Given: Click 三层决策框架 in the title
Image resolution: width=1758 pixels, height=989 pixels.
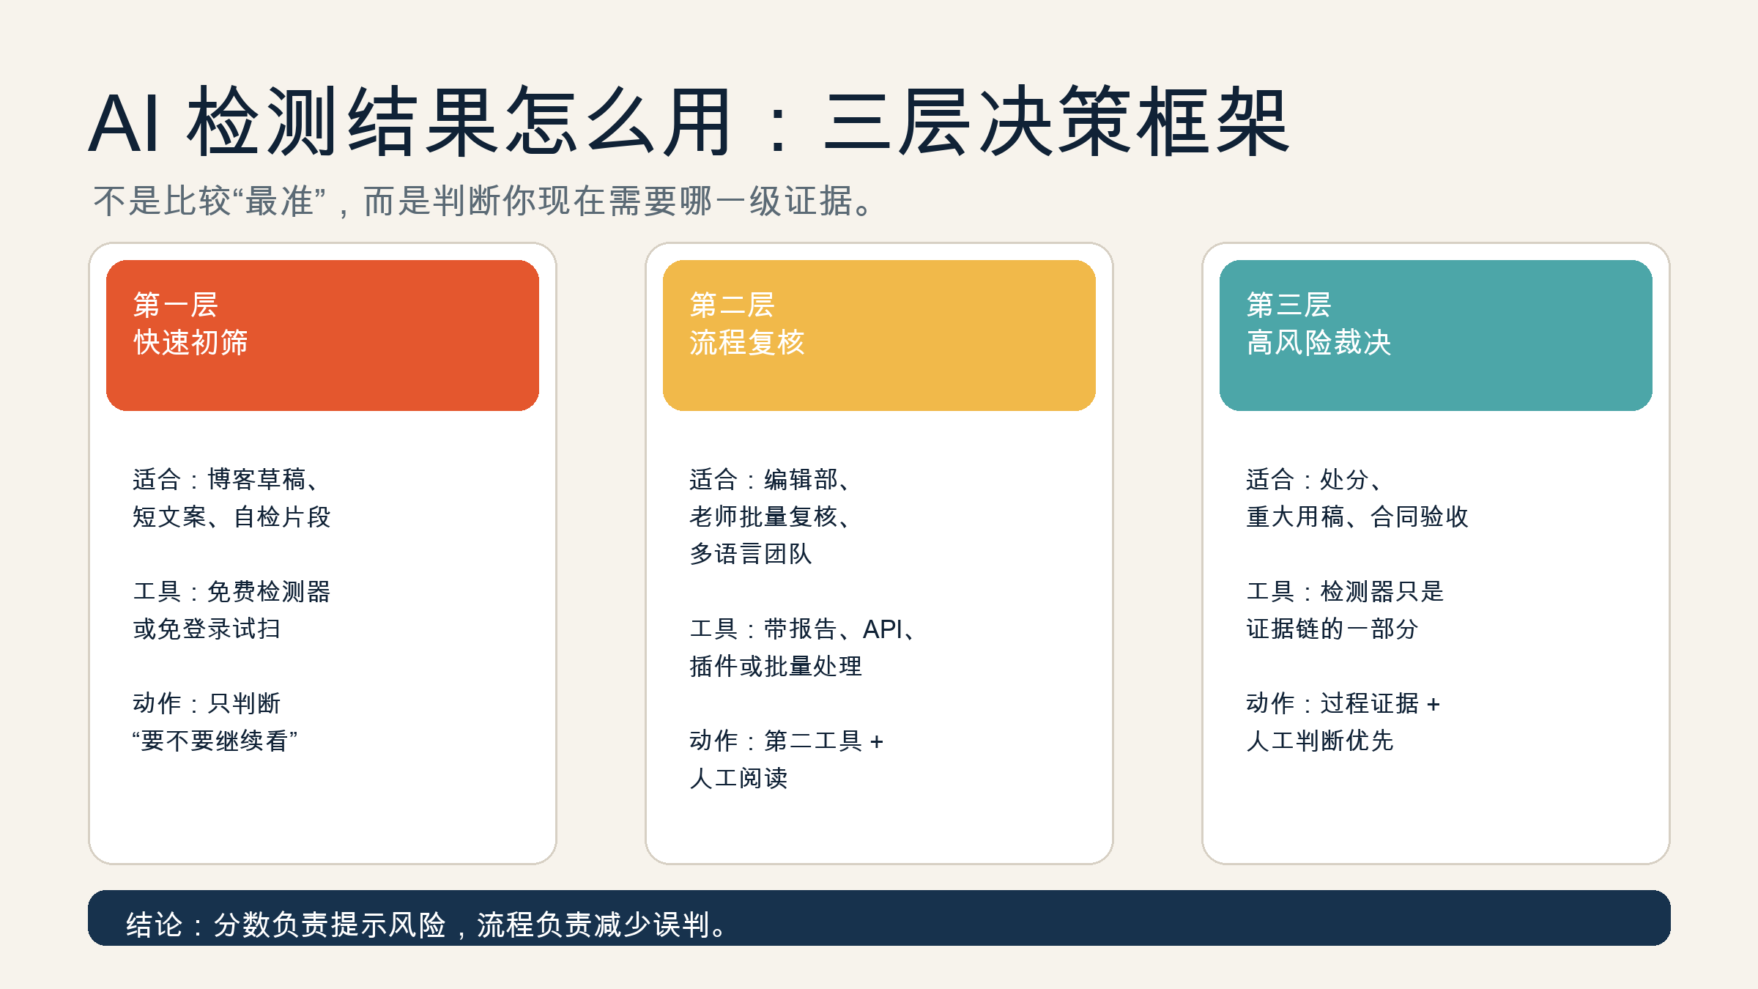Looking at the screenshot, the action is pos(1056,121).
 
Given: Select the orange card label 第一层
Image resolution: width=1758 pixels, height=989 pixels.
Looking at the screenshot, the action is pos(176,305).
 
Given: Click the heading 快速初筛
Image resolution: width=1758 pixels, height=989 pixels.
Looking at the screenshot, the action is pos(190,342).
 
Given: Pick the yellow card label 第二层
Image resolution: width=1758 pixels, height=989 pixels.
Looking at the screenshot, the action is pos(732,305).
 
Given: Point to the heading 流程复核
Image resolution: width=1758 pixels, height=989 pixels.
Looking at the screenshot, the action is pos(747,342).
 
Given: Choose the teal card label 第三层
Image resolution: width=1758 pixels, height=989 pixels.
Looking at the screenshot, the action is pos(1289,305).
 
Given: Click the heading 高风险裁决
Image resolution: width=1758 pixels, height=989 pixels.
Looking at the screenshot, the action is pos(1318,342).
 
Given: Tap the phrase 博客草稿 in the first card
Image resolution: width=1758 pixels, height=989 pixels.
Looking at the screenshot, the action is pos(257,479).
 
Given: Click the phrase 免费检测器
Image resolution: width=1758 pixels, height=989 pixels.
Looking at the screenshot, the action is pos(269,591).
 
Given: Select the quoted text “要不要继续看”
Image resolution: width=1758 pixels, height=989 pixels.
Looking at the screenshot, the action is pos(215,741).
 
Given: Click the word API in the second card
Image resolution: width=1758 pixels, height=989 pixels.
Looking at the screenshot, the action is pos(883,629).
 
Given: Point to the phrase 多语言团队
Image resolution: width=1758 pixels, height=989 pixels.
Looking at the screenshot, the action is pos(751,554).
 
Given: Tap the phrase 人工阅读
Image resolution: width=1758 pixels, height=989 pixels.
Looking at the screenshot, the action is pos(738,778).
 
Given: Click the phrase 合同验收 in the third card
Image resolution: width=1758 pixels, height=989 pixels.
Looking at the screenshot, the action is pos(1420,516).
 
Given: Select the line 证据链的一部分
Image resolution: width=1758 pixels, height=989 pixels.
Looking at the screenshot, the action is pos(1332,629).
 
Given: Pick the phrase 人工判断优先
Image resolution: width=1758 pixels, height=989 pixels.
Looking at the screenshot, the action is pos(1320,741).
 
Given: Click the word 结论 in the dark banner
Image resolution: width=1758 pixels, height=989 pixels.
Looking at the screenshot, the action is pos(154,925).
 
